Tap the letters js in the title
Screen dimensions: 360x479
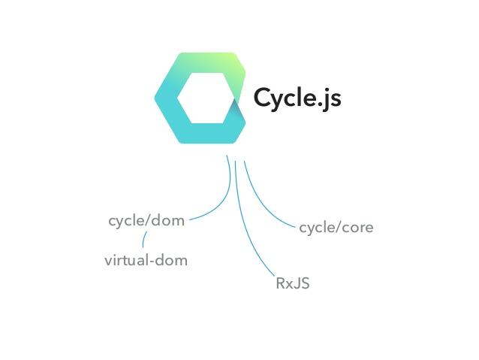coord(330,100)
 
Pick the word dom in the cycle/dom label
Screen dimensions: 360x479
coord(170,221)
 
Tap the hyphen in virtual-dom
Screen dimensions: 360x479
coord(151,262)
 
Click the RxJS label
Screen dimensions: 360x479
coord(293,284)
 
